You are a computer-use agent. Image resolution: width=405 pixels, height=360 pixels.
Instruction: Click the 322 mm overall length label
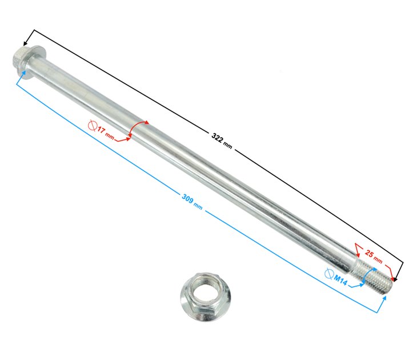coord(222,141)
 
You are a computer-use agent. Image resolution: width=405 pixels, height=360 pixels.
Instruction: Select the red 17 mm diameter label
coord(105,133)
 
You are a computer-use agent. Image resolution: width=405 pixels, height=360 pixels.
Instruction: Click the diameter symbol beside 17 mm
coord(93,126)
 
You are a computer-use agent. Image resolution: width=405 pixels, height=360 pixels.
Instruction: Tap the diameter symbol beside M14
coord(329,274)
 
